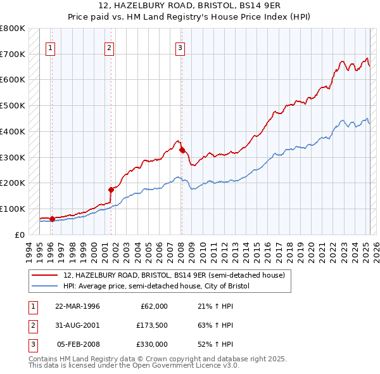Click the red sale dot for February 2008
pyautogui.click(x=182, y=150)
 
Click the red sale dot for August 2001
pyautogui.click(x=111, y=189)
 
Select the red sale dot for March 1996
pyautogui.click(x=52, y=219)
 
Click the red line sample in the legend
pyautogui.click(x=46, y=275)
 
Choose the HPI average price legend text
pyautogui.click(x=156, y=286)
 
